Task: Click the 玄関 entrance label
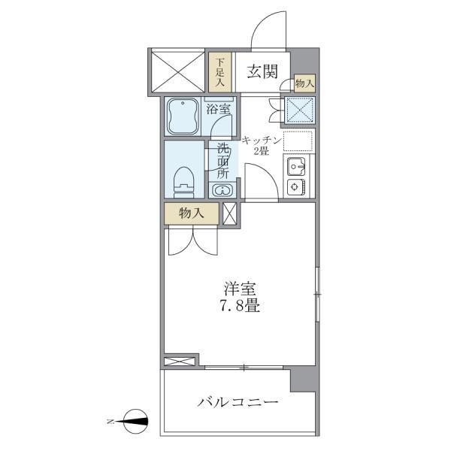pyautogui.click(x=263, y=71)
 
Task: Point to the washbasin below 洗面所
pyautogui.click(x=222, y=190)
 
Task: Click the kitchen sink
pyautogui.click(x=294, y=166)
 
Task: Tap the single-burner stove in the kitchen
pyautogui.click(x=295, y=187)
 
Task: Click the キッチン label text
pyautogui.click(x=262, y=140)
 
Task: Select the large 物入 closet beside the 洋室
pyautogui.click(x=192, y=213)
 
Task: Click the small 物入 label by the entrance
pyautogui.click(x=304, y=83)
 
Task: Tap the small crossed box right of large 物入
pyautogui.click(x=229, y=213)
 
